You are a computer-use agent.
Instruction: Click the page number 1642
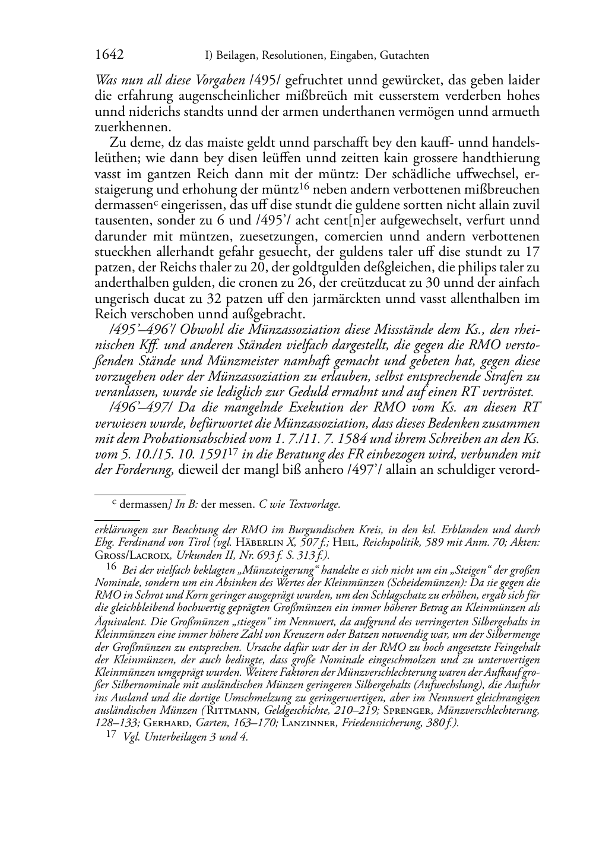[109, 55]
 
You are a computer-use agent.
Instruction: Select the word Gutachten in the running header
[402, 56]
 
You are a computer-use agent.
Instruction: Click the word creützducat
[358, 283]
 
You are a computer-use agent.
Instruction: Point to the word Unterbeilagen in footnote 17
[175, 738]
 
